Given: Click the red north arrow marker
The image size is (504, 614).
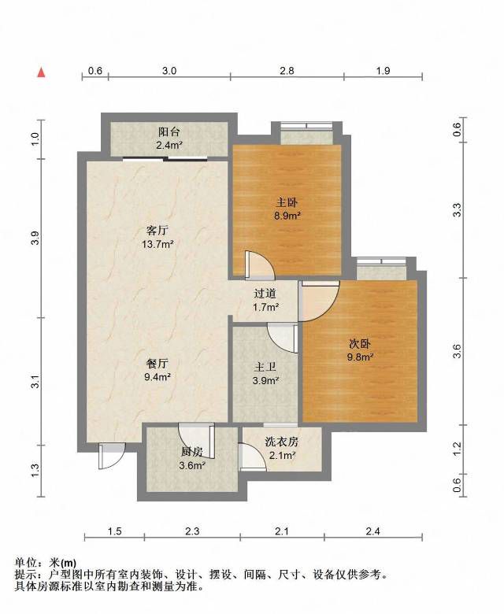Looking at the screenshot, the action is click(41, 72).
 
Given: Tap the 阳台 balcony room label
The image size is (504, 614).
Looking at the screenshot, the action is click(169, 132).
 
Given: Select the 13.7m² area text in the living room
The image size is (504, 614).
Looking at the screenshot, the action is click(157, 244).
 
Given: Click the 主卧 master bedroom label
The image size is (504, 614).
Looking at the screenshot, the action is click(287, 202).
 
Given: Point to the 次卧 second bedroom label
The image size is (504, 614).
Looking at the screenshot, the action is click(360, 344).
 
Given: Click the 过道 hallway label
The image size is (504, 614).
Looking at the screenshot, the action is click(265, 294).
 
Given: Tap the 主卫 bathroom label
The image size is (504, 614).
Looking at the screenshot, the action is click(265, 367).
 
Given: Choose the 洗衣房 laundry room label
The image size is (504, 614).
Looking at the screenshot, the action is click(282, 442).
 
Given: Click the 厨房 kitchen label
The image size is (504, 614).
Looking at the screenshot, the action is click(192, 453).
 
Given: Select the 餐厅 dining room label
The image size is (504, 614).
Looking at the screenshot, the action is click(157, 364).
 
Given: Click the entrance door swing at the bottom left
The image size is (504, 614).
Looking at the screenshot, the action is click(112, 456).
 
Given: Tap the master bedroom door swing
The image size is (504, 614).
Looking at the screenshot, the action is click(259, 265).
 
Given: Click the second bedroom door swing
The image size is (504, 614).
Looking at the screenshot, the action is click(319, 301).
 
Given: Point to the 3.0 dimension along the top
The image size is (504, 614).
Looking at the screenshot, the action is click(169, 71).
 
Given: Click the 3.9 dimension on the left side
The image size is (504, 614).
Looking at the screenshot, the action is click(35, 238).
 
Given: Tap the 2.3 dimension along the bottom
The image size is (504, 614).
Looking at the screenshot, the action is click(192, 531).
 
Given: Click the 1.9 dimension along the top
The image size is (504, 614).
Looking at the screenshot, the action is click(383, 71).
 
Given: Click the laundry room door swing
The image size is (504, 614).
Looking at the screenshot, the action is click(253, 457).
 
